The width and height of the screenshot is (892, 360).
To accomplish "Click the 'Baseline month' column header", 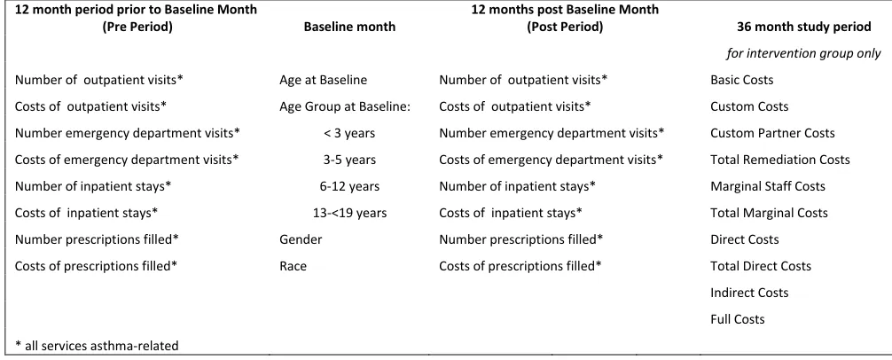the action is (349, 27).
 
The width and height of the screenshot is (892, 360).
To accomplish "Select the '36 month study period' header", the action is (804, 27).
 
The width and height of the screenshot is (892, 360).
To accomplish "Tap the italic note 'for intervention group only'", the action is (803, 53).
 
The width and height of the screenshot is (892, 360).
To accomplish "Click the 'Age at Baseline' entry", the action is (323, 80).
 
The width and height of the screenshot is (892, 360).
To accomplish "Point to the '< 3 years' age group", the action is (349, 134).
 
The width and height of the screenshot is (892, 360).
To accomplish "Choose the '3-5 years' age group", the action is (349, 160).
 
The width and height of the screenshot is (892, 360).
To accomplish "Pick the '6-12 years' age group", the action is (349, 186).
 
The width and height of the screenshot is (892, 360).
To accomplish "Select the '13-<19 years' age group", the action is (349, 214).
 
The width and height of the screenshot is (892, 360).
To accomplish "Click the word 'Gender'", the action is (301, 239).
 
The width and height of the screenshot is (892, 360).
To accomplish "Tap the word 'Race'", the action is (293, 266).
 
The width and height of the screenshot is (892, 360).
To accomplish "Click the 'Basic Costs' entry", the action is (742, 80).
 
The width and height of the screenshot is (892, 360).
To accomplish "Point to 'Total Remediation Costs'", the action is (780, 160).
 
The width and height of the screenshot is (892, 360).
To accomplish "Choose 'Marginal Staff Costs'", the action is (767, 186).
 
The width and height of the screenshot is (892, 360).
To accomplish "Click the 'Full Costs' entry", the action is (737, 319).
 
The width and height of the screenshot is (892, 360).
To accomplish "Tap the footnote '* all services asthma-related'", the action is (97, 346).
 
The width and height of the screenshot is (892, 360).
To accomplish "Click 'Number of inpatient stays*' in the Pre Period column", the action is (93, 186).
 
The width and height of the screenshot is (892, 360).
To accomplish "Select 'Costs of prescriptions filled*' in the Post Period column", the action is (520, 266).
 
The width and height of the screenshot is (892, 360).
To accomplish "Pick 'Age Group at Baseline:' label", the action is (345, 107).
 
